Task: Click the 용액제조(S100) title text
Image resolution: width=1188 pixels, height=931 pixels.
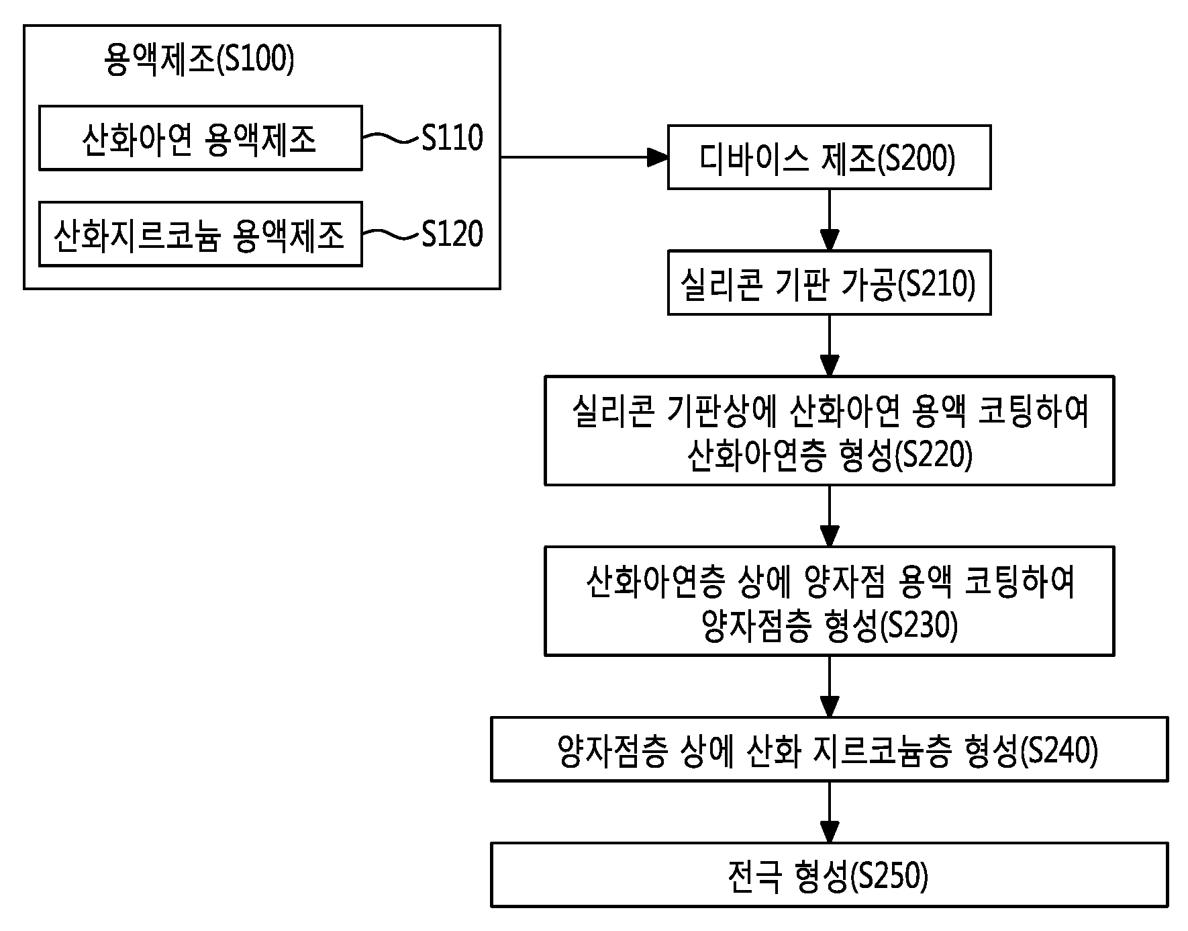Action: [x=199, y=60]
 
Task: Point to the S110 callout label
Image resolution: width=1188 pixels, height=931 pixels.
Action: [x=452, y=138]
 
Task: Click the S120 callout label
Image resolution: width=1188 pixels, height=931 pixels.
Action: [x=452, y=234]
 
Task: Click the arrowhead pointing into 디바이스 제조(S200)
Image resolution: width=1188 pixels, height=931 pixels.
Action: [x=658, y=157]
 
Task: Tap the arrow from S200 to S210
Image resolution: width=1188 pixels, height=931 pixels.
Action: [x=830, y=220]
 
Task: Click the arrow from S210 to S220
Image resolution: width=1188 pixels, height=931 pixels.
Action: [x=830, y=345]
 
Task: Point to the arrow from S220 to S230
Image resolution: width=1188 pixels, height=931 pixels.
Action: [x=830, y=516]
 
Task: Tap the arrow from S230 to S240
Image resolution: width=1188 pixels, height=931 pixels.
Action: [x=830, y=686]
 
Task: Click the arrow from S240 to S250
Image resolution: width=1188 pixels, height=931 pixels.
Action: [x=830, y=812]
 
